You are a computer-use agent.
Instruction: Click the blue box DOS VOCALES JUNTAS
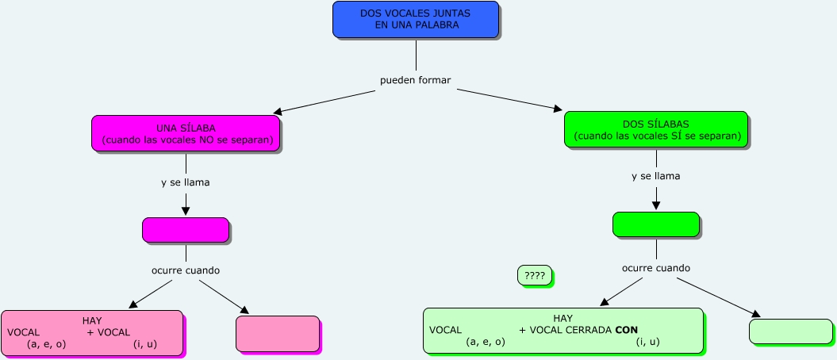coord(416,19)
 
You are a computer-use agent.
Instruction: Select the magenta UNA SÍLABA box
coord(186,133)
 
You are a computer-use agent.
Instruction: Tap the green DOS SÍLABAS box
coord(655,129)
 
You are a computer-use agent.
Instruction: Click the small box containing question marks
coord(534,275)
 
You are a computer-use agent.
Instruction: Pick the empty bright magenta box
coord(186,230)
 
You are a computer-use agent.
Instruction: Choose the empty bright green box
coord(655,224)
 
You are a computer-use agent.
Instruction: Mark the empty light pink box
coord(278,333)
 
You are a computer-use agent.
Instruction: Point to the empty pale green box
coord(790,331)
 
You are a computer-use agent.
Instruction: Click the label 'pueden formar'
coord(416,80)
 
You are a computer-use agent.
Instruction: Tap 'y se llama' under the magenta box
coord(185,182)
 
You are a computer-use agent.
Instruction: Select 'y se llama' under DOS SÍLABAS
coord(655,176)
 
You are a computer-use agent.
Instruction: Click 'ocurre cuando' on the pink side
coord(185,270)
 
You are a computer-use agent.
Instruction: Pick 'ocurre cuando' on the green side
coord(655,268)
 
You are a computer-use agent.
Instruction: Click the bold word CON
coord(627,330)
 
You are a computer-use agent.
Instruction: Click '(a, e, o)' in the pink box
coord(46,344)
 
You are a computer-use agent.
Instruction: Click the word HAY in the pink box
coord(92,320)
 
